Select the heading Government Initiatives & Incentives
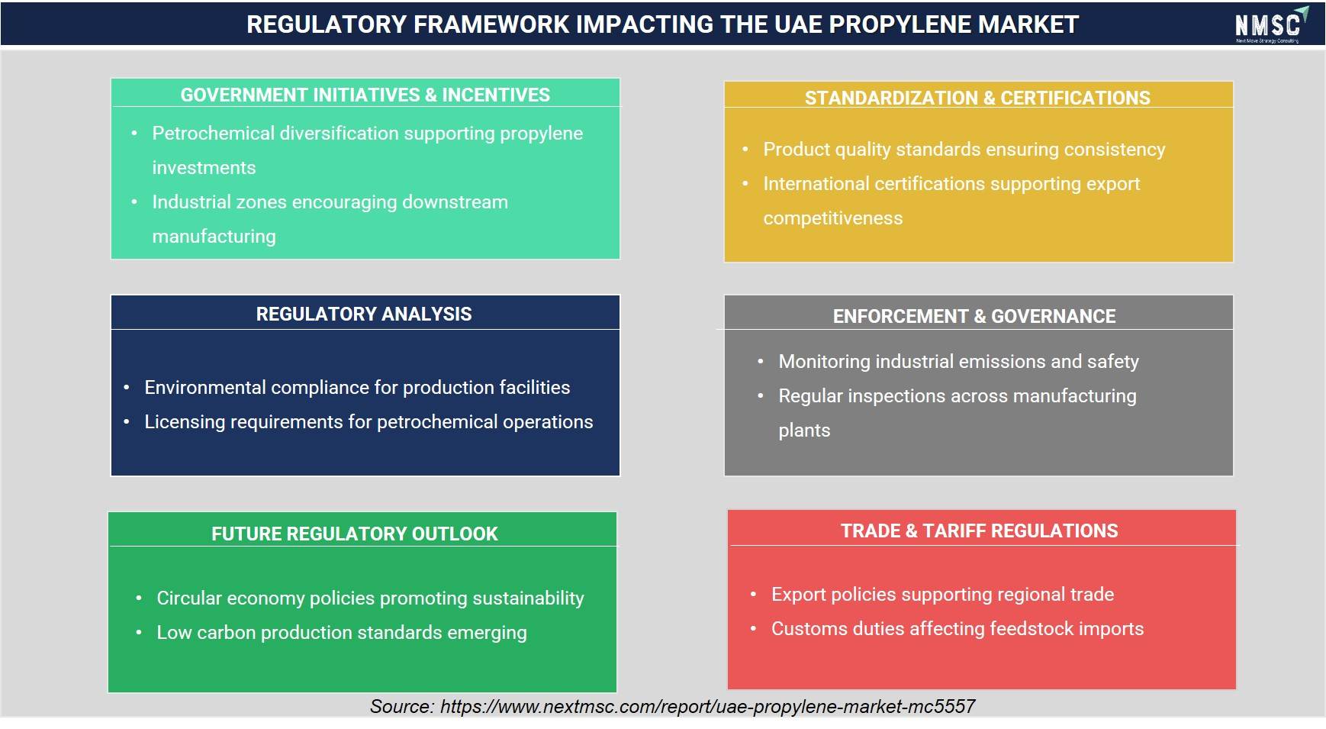[x=365, y=95]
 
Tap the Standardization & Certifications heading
[x=977, y=98]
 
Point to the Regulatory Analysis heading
[x=364, y=314]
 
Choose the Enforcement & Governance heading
[x=974, y=316]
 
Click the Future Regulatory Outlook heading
[x=355, y=534]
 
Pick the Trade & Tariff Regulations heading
[x=980, y=531]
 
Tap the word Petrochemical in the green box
[x=213, y=133]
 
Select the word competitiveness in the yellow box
[x=833, y=218]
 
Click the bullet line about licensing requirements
[x=369, y=422]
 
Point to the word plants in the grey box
[x=804, y=431]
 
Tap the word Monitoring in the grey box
[x=824, y=361]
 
